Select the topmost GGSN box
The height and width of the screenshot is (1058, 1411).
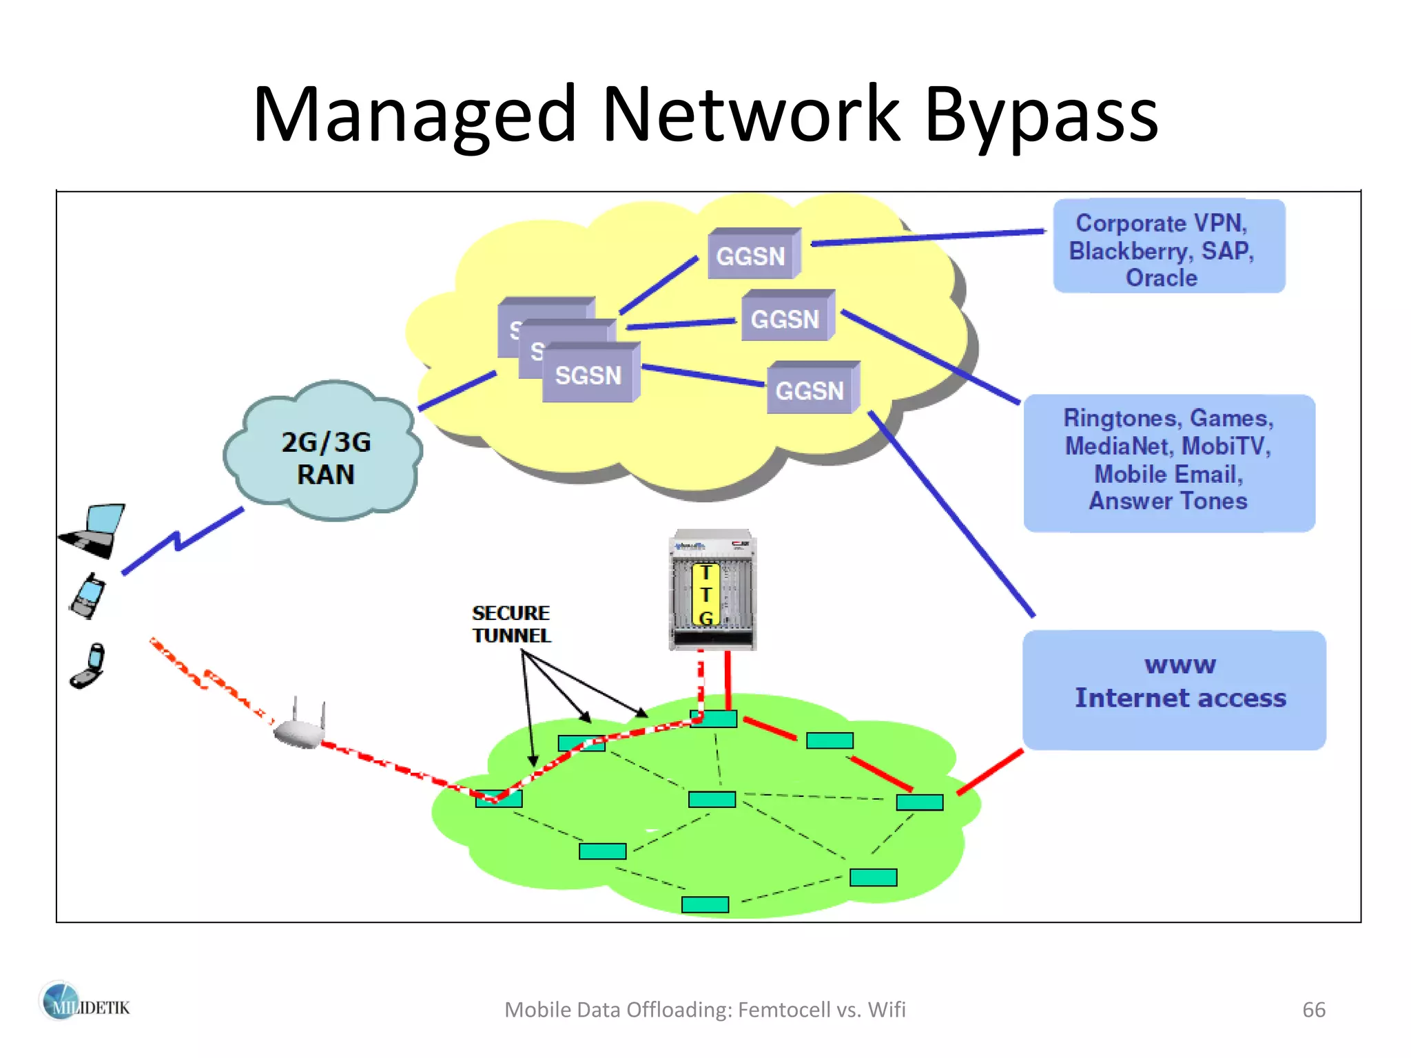point(752,255)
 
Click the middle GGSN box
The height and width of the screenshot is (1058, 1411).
point(786,318)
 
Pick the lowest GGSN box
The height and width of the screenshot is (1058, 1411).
point(811,390)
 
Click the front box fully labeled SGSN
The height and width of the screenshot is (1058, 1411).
point(589,375)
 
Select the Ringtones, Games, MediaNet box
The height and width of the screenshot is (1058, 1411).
point(1168,460)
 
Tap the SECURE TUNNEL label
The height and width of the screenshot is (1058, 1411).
point(511,624)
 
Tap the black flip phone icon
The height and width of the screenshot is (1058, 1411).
point(88,667)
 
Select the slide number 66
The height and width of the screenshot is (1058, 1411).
point(1313,1009)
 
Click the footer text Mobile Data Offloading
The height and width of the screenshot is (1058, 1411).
point(704,1009)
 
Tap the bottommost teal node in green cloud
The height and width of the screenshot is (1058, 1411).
point(704,904)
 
